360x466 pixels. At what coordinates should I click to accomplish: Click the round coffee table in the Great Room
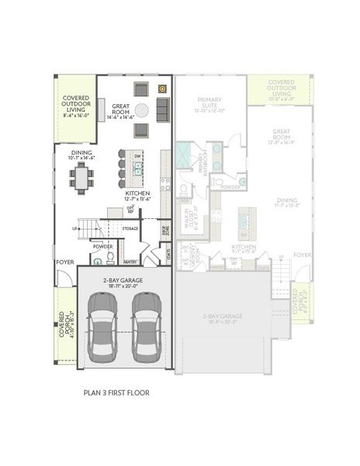(142, 110)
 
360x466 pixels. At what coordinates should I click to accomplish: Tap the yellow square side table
(163, 88)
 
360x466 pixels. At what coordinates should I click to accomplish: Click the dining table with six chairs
(81, 178)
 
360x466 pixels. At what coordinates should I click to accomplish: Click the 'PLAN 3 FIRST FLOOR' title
(116, 393)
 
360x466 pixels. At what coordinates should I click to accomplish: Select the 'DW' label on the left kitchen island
(137, 155)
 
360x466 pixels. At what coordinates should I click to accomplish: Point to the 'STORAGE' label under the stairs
(130, 228)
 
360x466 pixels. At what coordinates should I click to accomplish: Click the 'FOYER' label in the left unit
(64, 262)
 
